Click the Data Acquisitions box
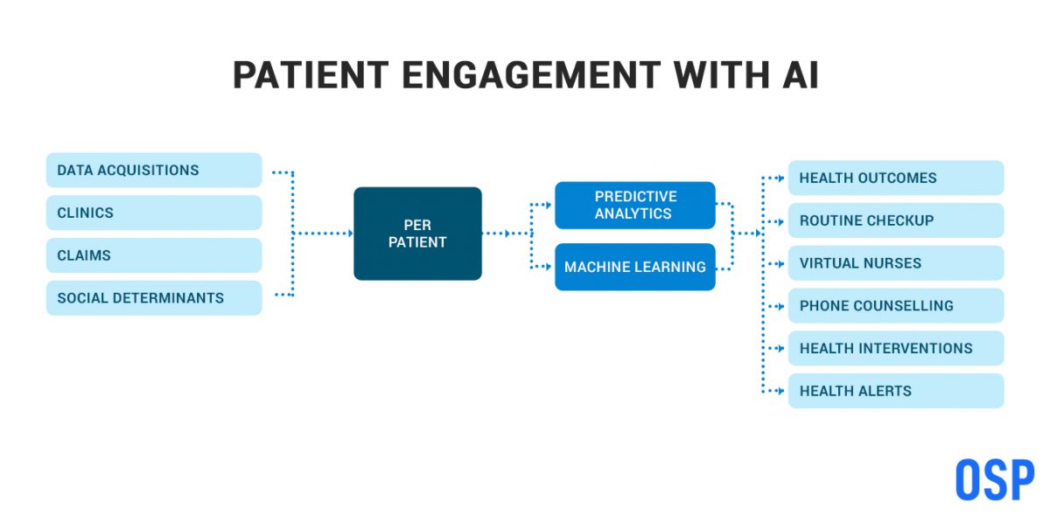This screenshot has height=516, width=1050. (x=154, y=171)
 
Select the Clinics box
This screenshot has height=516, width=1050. (x=154, y=213)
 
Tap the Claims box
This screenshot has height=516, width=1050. (x=154, y=255)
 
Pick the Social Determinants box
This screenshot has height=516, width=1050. (x=154, y=298)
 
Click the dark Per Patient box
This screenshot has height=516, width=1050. (x=417, y=234)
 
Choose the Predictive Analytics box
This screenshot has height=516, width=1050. (x=635, y=206)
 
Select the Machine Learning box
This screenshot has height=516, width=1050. (x=635, y=267)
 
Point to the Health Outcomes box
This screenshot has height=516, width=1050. (x=896, y=178)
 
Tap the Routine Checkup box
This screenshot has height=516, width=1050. (x=896, y=220)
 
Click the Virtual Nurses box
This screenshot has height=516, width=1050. (x=896, y=263)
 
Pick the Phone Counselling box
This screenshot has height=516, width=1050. (x=896, y=306)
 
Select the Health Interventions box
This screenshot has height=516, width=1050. (x=896, y=348)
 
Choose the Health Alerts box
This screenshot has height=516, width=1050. (x=896, y=391)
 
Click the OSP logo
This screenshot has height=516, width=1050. (x=994, y=480)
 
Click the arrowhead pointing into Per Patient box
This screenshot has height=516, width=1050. (x=349, y=234)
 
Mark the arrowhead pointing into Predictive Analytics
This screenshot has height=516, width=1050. (x=549, y=205)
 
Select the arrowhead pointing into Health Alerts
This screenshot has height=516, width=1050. (x=782, y=391)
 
